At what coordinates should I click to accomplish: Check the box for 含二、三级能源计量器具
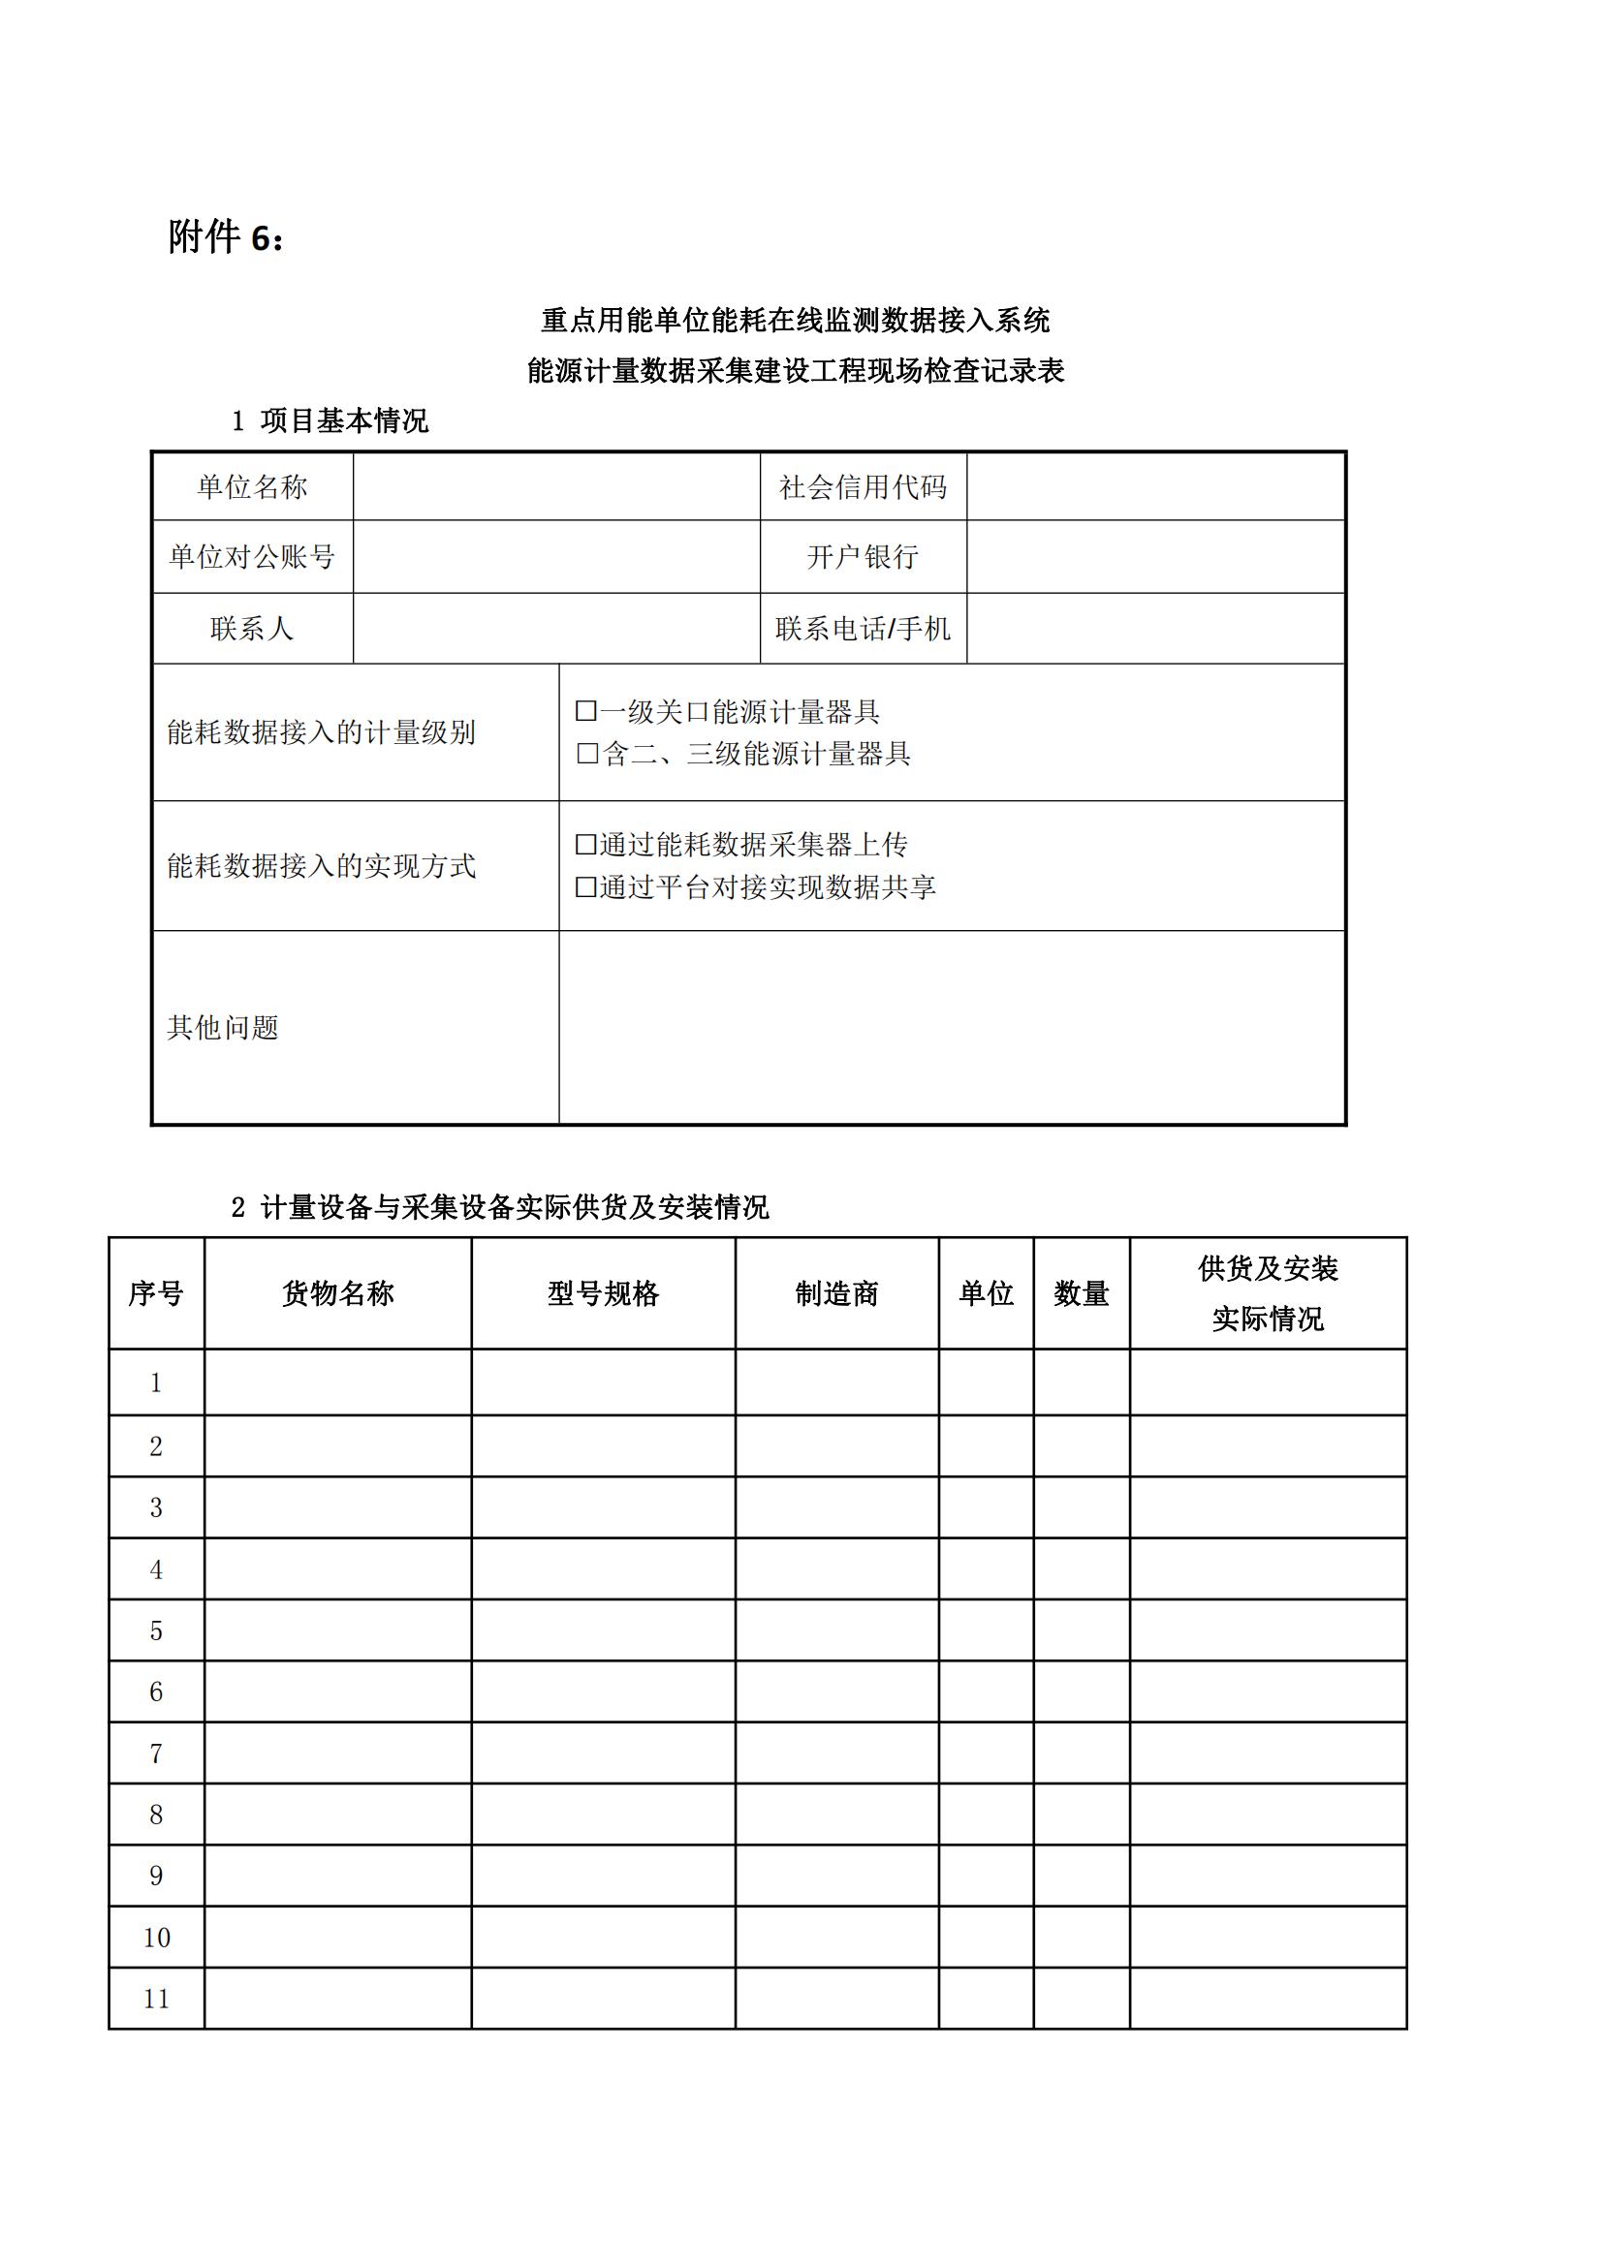pyautogui.click(x=587, y=753)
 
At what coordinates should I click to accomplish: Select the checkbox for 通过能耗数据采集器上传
pyautogui.click(x=586, y=844)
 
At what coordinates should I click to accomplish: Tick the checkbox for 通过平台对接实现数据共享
pyautogui.click(x=586, y=886)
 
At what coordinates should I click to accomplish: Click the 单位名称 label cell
pyautogui.click(x=253, y=486)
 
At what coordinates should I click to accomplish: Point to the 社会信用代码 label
pyautogui.click(x=863, y=486)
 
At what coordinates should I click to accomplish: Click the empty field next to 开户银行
pyautogui.click(x=1155, y=557)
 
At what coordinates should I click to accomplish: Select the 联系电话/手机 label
pyautogui.click(x=863, y=629)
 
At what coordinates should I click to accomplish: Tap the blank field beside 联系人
pyautogui.click(x=555, y=629)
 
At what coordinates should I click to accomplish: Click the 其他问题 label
pyautogui.click(x=223, y=1027)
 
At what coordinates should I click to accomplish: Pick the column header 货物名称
pyautogui.click(x=337, y=1293)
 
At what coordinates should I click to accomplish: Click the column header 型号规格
pyautogui.click(x=603, y=1293)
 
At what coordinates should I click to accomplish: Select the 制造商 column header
pyautogui.click(x=837, y=1293)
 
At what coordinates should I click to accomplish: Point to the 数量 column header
pyautogui.click(x=1081, y=1293)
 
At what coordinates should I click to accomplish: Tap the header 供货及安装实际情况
pyautogui.click(x=1268, y=1293)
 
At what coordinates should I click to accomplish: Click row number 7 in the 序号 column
pyautogui.click(x=156, y=1753)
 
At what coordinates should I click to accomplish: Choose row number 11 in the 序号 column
pyautogui.click(x=156, y=1999)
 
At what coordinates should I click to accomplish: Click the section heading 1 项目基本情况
pyautogui.click(x=330, y=421)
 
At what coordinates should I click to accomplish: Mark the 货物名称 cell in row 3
pyautogui.click(x=337, y=1507)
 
